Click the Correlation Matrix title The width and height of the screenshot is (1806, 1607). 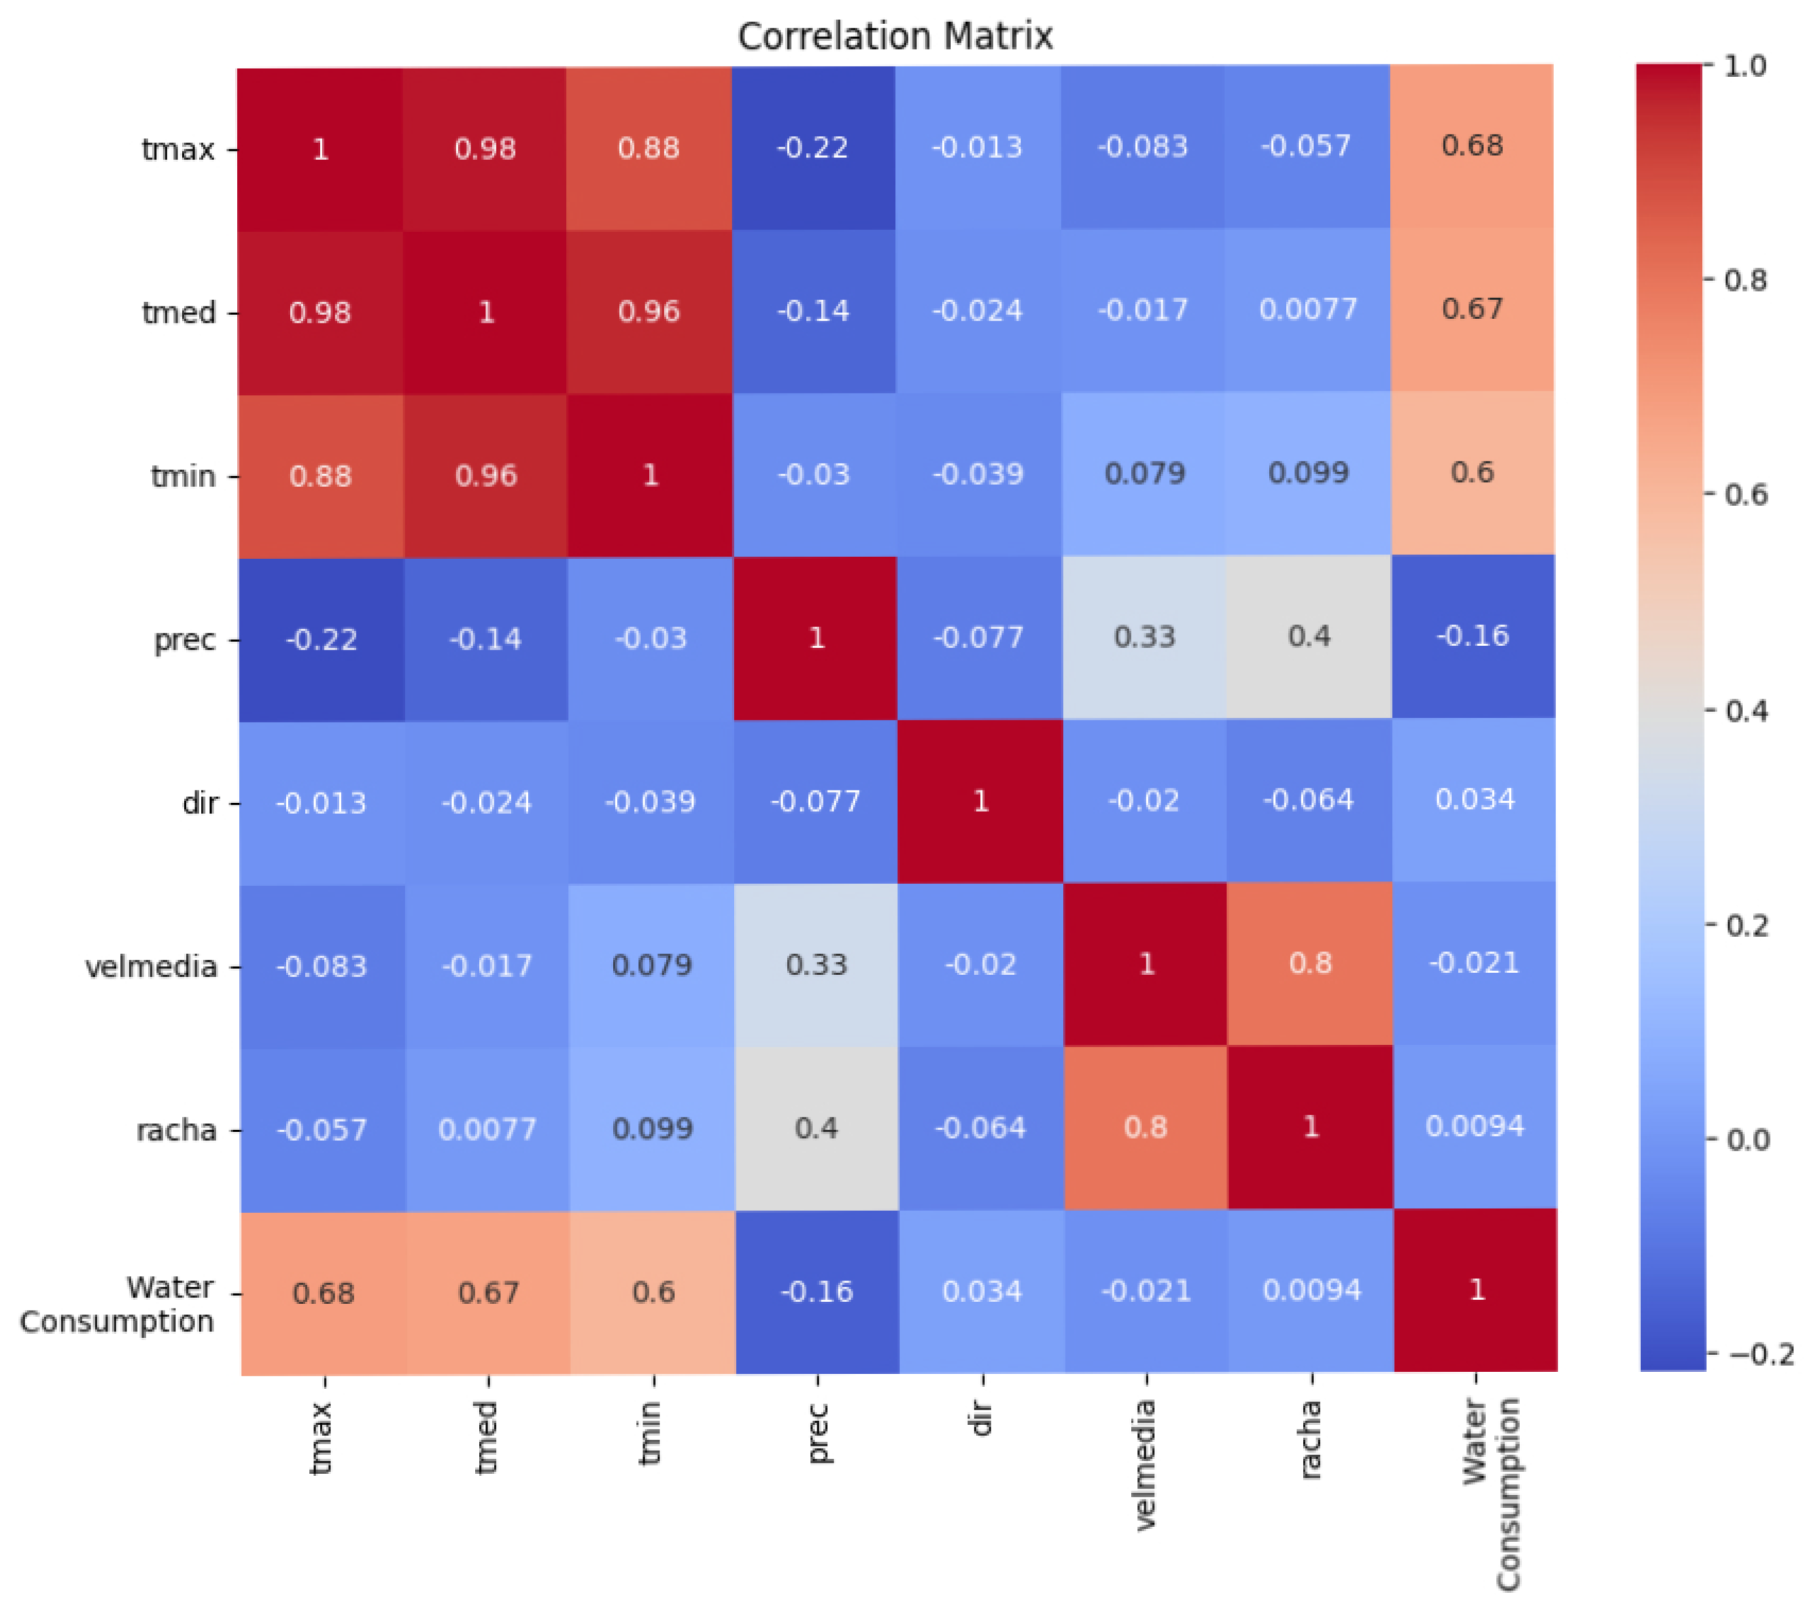[x=895, y=36]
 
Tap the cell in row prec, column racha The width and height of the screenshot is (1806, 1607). [x=1309, y=637]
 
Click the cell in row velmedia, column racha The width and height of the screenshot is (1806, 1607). [x=1309, y=964]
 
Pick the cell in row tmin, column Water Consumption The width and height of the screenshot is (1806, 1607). [x=1472, y=473]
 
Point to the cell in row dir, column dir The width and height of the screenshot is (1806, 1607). [x=980, y=801]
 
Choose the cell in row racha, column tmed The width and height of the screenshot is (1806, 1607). [x=487, y=1129]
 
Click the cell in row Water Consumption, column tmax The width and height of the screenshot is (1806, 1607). [x=323, y=1294]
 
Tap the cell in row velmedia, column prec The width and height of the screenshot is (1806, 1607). [x=817, y=964]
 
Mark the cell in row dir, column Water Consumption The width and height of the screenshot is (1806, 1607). [x=1474, y=800]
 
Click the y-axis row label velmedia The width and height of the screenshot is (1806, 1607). [x=151, y=967]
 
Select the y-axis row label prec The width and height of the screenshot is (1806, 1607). [x=185, y=640]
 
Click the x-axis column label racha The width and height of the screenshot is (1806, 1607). [x=1311, y=1439]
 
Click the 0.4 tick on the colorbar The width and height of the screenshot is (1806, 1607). [x=1746, y=710]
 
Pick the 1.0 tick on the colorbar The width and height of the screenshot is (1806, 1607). [x=1745, y=67]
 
